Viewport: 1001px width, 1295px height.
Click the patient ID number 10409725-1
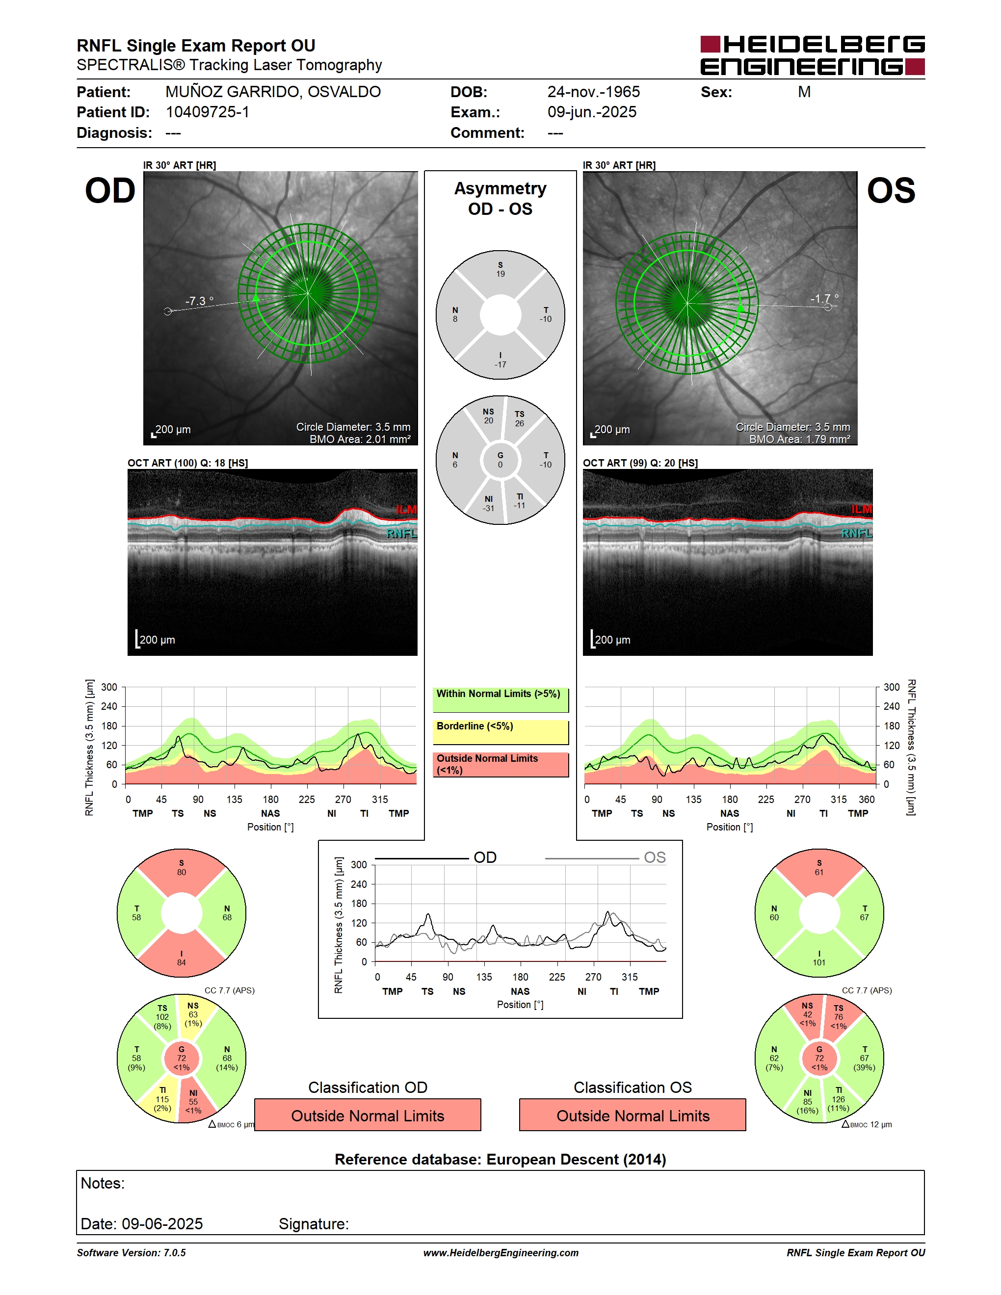pos(208,112)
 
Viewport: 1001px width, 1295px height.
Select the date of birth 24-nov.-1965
pos(594,92)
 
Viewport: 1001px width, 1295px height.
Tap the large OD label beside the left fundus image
pos(110,191)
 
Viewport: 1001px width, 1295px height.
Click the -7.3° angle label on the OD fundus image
pos(199,301)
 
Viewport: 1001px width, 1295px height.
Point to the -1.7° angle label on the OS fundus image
pos(825,298)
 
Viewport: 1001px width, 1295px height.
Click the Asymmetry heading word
pos(500,188)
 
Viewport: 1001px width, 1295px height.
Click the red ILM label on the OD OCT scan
pos(406,509)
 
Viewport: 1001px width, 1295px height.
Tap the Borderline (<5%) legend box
pos(500,732)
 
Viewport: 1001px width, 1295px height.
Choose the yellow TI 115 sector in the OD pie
pos(161,1101)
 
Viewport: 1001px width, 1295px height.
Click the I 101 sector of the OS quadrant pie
pos(819,957)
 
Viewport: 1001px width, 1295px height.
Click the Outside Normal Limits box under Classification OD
pos(368,1115)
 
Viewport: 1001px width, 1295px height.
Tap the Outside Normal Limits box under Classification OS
pos(633,1115)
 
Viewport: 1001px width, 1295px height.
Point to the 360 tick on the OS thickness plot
pos(867,799)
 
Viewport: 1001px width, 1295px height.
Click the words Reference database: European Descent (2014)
pos(500,1159)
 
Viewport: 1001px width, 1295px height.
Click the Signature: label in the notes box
pos(314,1224)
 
